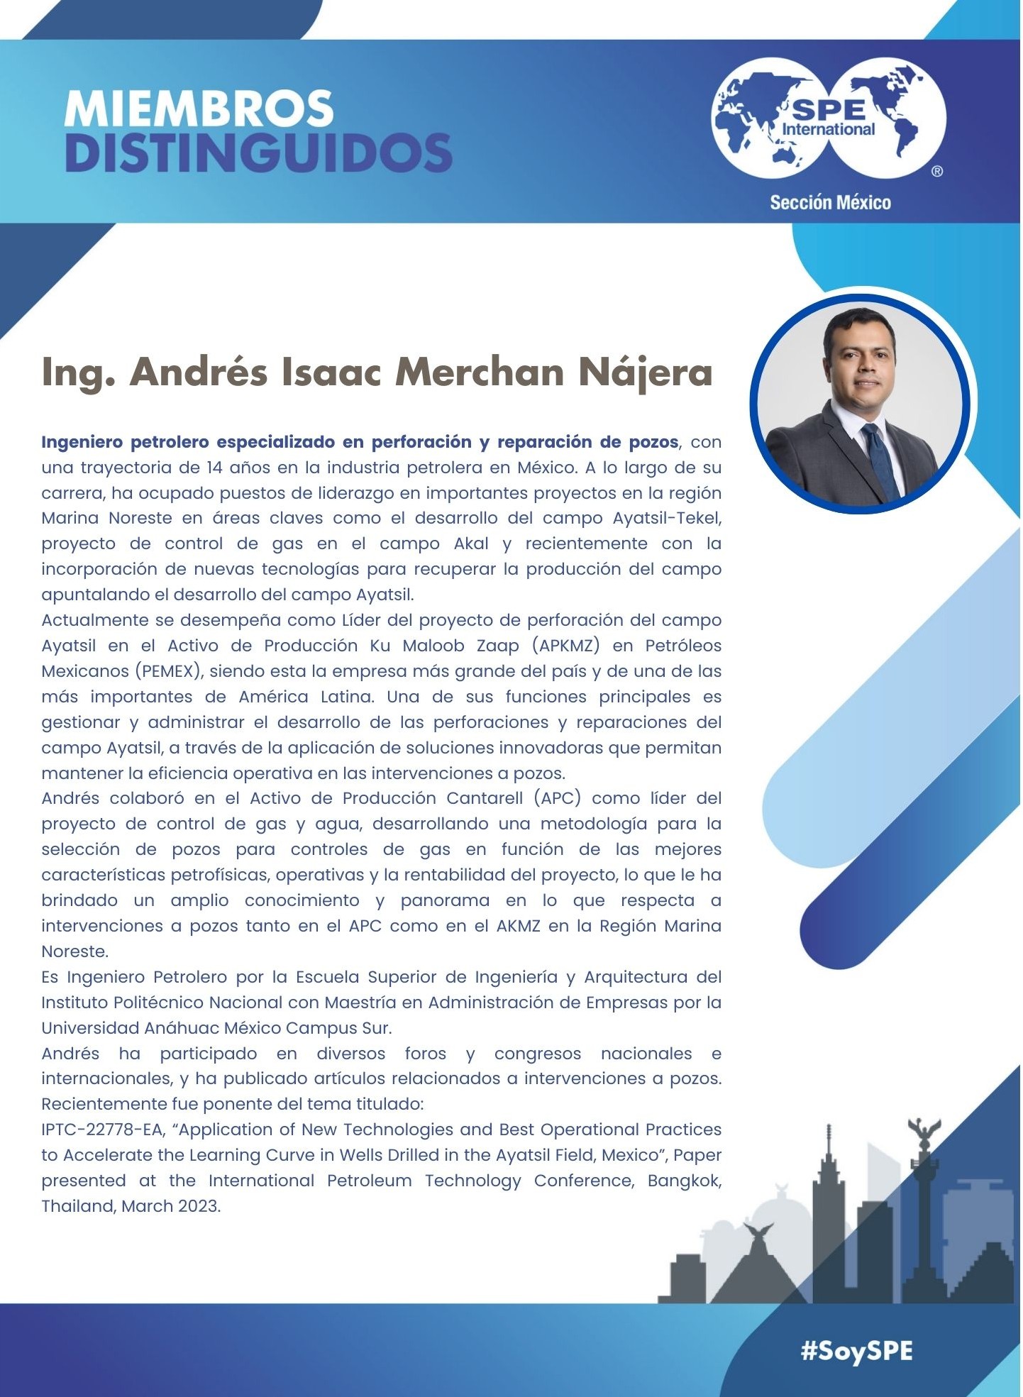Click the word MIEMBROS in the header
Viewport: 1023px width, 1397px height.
[199, 109]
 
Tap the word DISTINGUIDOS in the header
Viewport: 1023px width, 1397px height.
[258, 153]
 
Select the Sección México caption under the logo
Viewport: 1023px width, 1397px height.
[830, 203]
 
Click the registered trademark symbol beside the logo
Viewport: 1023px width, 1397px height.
[937, 172]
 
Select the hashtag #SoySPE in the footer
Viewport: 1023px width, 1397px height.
[856, 1351]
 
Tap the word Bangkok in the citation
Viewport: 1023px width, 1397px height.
[684, 1181]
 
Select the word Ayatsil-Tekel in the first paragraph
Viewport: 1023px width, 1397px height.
[667, 519]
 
